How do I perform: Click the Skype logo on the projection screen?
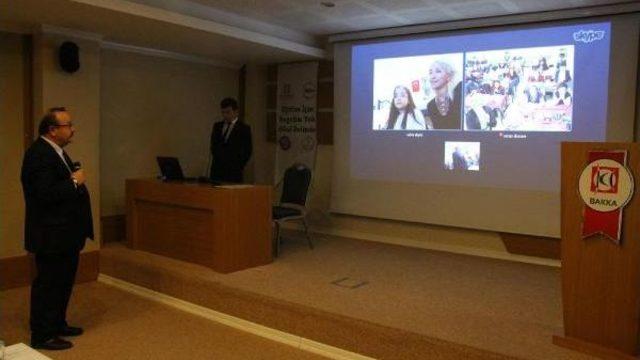pos(588,37)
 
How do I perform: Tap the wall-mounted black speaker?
pos(69,56)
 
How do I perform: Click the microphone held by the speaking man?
pos(74,166)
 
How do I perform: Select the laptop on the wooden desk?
pos(171,169)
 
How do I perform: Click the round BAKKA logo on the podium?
pos(605,184)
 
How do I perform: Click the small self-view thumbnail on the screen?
pos(462,156)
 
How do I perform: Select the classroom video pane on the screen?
pos(517,91)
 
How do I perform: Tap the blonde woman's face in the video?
pos(441,80)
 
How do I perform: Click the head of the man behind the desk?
pos(228,107)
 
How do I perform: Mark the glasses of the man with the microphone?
pos(64,125)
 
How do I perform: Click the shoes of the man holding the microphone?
pos(55,338)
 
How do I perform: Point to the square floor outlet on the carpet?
pos(351,282)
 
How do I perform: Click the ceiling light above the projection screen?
pos(327,4)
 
